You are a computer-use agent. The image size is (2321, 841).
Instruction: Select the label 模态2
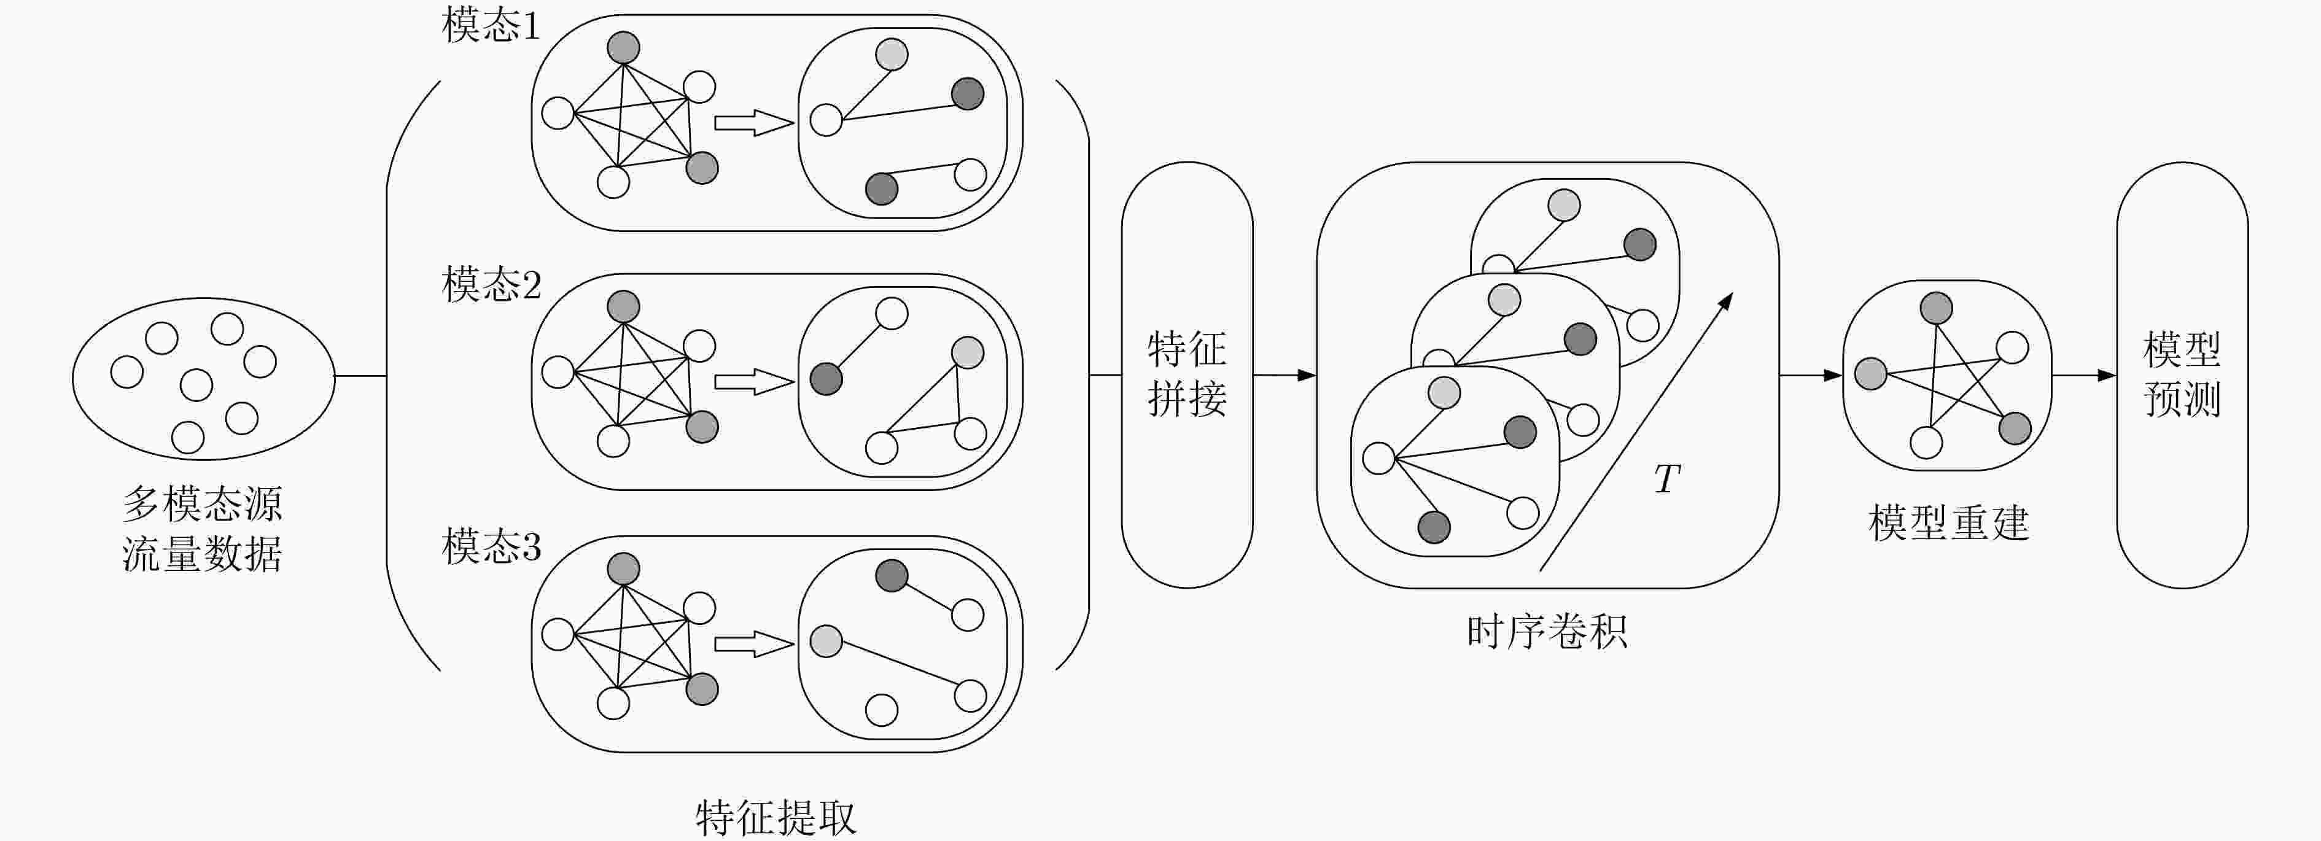(x=491, y=285)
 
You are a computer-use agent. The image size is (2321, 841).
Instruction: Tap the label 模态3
(x=491, y=546)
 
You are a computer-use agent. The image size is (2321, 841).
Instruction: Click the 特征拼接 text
(x=1187, y=374)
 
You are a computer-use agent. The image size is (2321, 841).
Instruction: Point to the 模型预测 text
(x=2182, y=374)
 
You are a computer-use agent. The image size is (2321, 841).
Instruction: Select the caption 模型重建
(x=1948, y=522)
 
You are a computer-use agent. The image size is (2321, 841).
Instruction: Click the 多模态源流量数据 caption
(x=202, y=529)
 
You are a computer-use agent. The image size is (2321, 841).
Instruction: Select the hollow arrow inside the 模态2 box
(x=754, y=382)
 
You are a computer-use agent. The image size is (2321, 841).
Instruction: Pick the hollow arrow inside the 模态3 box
(x=754, y=644)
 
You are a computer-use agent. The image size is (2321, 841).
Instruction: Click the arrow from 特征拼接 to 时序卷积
(x=1285, y=374)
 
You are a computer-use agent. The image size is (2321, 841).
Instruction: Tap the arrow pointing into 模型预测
(x=2084, y=374)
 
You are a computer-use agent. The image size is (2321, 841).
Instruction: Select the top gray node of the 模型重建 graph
(x=1936, y=308)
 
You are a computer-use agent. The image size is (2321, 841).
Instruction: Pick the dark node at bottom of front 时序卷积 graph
(x=1434, y=527)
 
